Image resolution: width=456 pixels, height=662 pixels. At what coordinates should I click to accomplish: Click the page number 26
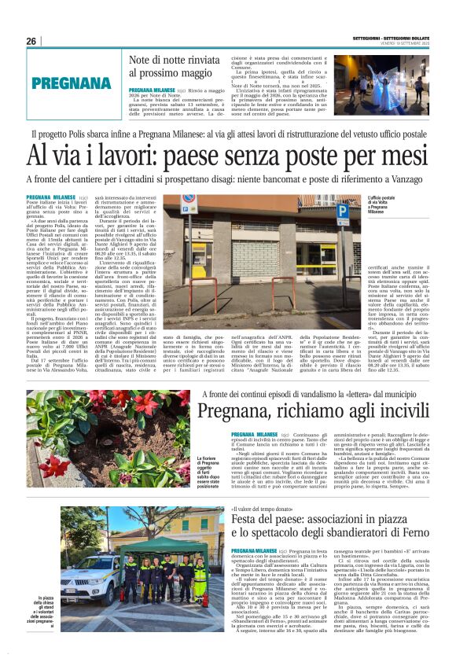point(31,41)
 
